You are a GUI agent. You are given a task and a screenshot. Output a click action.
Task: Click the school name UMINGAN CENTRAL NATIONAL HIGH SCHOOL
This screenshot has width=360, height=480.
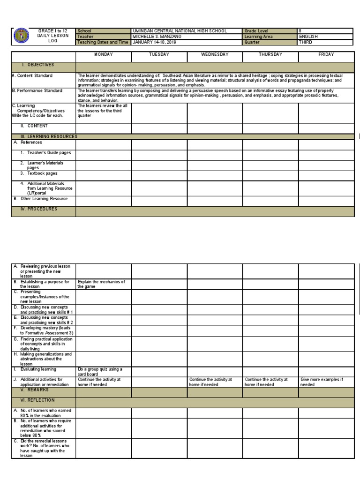[x=180, y=31]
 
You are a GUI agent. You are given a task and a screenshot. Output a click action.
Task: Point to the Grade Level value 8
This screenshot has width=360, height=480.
[x=300, y=31]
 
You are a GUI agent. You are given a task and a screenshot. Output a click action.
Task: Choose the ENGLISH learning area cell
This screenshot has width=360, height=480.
[x=308, y=37]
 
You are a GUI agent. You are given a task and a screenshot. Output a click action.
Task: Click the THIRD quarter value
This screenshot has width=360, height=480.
[x=305, y=42]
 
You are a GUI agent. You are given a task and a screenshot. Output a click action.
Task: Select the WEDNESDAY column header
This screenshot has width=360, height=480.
[x=215, y=55]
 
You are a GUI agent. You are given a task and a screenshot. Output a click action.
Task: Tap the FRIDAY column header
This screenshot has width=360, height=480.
[x=326, y=55]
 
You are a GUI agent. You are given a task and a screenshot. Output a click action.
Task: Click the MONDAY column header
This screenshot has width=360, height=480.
[x=104, y=55]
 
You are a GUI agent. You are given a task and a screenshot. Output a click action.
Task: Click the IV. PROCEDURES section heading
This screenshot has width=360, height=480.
[x=39, y=209]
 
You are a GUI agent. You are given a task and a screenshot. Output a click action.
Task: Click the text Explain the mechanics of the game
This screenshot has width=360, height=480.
[x=102, y=284]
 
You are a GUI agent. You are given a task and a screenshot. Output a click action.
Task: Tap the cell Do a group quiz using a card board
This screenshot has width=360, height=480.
[x=100, y=372]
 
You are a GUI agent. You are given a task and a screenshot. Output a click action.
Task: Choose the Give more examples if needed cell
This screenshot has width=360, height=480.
[x=322, y=382]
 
